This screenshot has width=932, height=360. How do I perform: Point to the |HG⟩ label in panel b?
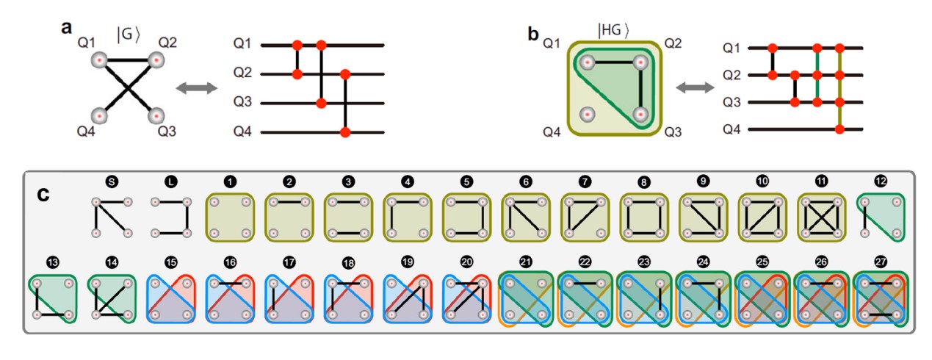[x=614, y=30]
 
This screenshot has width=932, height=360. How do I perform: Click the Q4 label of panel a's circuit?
[x=242, y=132]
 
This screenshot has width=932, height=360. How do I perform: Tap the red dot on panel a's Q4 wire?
[x=345, y=132]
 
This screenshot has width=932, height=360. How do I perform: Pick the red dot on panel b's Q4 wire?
[x=840, y=129]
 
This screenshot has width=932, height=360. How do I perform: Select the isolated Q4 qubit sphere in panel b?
[x=586, y=115]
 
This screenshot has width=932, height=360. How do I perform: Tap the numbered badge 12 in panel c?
[x=881, y=180]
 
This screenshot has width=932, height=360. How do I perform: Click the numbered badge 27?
[x=881, y=260]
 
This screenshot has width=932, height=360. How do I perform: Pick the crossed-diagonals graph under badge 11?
[x=821, y=217]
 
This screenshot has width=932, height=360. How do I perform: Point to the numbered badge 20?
[x=466, y=261]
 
